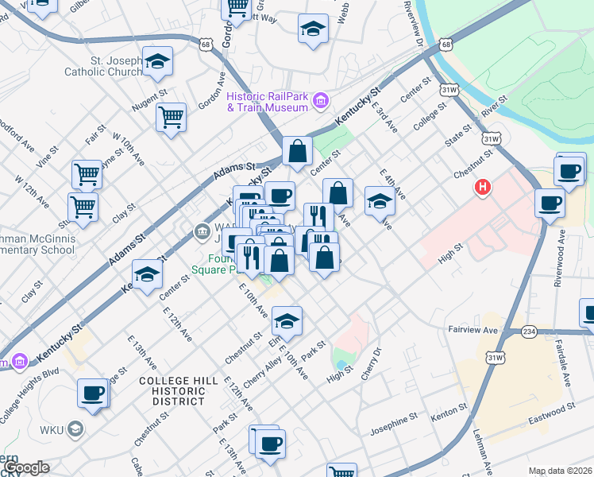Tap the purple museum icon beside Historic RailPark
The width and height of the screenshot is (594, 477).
(321, 100)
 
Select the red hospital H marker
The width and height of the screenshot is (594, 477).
(482, 188)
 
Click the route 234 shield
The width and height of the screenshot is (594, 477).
(530, 331)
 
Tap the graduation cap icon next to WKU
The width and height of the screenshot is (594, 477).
(75, 430)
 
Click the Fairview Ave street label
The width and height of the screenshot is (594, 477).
(474, 329)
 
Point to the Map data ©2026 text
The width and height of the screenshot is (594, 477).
(561, 471)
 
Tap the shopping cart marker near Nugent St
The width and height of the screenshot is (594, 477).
(171, 118)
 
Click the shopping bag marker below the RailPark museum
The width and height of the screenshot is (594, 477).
(296, 151)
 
